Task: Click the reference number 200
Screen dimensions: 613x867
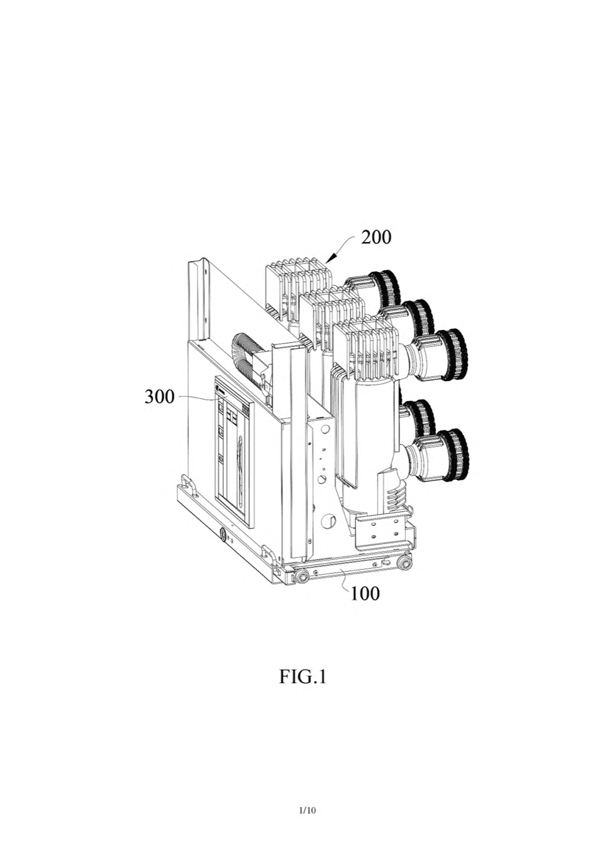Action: pos(376,236)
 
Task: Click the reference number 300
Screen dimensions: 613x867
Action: pos(160,397)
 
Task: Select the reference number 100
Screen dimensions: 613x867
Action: pos(365,593)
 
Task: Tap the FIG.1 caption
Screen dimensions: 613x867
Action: pos(302,677)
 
